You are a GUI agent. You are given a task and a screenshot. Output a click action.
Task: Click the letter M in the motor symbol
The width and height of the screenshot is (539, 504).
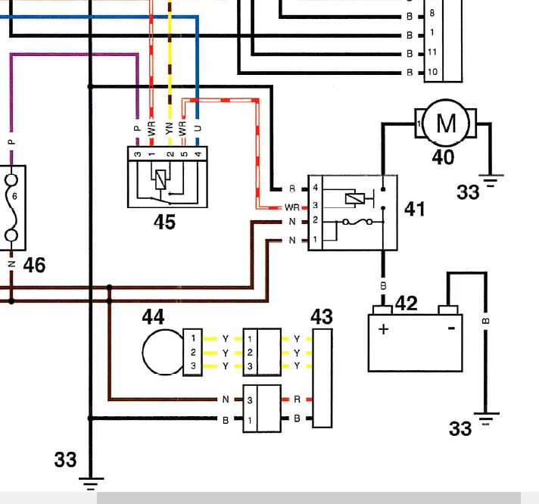446,123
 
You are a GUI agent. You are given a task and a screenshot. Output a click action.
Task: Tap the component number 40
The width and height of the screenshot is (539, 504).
443,157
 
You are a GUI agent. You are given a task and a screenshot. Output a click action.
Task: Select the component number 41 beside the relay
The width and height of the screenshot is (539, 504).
415,209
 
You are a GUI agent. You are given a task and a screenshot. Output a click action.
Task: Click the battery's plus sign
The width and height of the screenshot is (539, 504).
384,329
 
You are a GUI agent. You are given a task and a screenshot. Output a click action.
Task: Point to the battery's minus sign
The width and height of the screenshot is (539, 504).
452,328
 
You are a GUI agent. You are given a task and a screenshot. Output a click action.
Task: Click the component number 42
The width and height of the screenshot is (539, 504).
407,303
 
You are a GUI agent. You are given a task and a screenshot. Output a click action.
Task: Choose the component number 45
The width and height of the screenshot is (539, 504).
165,222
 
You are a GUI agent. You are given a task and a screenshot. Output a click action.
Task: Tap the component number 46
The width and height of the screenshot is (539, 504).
34,265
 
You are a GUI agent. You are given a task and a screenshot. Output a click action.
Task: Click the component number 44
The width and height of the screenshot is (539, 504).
153,316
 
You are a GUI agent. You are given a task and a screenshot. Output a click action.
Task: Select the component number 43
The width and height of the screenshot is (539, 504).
322,316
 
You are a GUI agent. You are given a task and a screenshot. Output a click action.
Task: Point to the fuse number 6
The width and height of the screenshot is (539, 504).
14,196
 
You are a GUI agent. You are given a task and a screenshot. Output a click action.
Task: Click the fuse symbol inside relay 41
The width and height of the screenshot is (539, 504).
357,222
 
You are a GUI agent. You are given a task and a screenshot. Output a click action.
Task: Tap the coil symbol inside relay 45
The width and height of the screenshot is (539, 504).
160,179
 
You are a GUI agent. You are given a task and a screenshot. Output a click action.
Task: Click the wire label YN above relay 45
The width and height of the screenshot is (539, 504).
169,129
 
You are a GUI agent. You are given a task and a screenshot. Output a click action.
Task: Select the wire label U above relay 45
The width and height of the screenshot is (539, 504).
198,129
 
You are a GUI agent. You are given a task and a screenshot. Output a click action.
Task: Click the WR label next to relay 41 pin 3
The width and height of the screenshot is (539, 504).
292,208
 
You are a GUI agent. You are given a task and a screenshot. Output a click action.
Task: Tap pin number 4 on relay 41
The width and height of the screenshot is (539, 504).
315,188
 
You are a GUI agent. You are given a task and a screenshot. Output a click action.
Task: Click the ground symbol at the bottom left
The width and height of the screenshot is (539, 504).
91,484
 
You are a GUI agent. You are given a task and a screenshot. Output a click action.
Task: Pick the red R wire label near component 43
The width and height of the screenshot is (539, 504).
297,400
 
